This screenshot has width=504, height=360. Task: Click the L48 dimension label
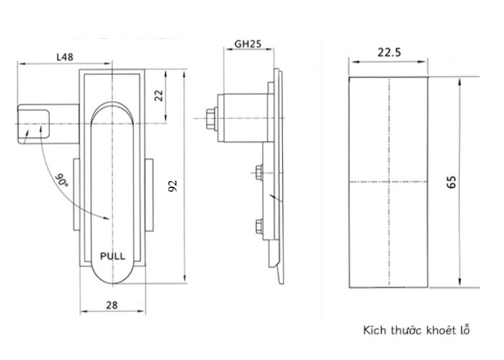point(65,57)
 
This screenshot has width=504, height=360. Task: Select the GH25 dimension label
point(248,44)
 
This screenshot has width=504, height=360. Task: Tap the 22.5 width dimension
point(389,52)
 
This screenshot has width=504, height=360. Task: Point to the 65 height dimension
point(451,182)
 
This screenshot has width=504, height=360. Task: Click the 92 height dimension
point(173,186)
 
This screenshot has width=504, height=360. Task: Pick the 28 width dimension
point(112,305)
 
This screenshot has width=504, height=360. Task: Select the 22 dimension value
point(159,96)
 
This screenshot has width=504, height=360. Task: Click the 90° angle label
point(61,180)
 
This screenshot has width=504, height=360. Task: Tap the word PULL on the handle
point(112,256)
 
